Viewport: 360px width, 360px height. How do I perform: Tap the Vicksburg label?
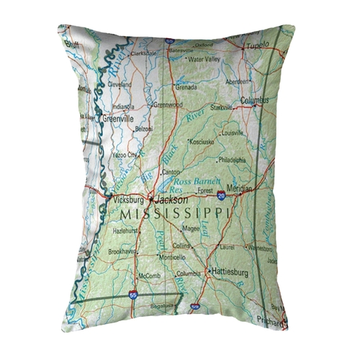point(126,199)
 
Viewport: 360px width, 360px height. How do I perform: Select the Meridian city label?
point(239,189)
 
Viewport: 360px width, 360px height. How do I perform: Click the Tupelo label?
point(258,45)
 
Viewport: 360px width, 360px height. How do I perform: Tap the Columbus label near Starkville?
point(254,101)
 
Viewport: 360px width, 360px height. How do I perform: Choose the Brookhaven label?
point(123,253)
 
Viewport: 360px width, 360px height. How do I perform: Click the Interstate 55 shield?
point(132,294)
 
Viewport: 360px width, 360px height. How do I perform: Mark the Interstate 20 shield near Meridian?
point(222,194)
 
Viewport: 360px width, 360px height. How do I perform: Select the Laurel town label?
point(228,246)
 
